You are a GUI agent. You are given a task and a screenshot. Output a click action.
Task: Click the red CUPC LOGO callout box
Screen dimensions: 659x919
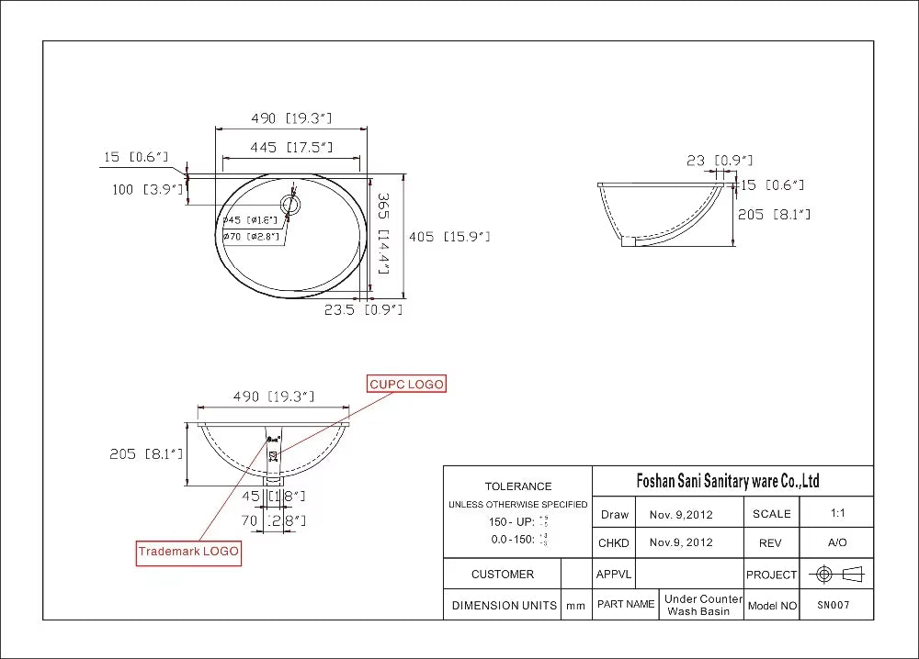[406, 384]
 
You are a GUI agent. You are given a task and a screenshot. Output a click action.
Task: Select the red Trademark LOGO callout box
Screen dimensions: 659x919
[188, 552]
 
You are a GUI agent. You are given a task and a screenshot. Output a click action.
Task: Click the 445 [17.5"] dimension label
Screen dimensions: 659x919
[291, 148]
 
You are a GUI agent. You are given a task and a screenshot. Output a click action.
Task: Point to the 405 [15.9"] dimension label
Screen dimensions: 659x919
[449, 237]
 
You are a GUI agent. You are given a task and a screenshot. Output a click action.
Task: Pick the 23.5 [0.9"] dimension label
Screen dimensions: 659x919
[363, 310]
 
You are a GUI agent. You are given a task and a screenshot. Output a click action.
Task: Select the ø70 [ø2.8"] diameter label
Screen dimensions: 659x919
[251, 236]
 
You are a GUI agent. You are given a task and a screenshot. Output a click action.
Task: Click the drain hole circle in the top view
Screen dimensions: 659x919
[291, 205]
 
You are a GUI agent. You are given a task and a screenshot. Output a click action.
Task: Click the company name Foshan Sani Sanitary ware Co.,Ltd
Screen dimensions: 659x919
[728, 481]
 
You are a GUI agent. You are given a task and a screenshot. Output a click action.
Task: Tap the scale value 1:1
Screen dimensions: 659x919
[836, 514]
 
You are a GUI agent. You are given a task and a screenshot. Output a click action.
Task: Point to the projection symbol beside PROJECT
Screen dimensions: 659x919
[840, 575]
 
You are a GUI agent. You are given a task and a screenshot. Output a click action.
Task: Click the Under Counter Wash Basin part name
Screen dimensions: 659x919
[702, 605]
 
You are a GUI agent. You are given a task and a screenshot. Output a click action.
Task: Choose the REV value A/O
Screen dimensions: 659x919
[836, 542]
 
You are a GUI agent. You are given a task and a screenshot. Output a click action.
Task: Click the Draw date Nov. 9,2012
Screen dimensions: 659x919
[680, 515]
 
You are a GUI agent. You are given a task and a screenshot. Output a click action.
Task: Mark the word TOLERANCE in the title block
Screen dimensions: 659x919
[518, 486]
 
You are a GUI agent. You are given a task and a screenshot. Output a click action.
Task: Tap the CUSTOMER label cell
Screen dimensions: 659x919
[502, 575]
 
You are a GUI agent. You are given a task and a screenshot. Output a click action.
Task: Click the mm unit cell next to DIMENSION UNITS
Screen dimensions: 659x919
[575, 606]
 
